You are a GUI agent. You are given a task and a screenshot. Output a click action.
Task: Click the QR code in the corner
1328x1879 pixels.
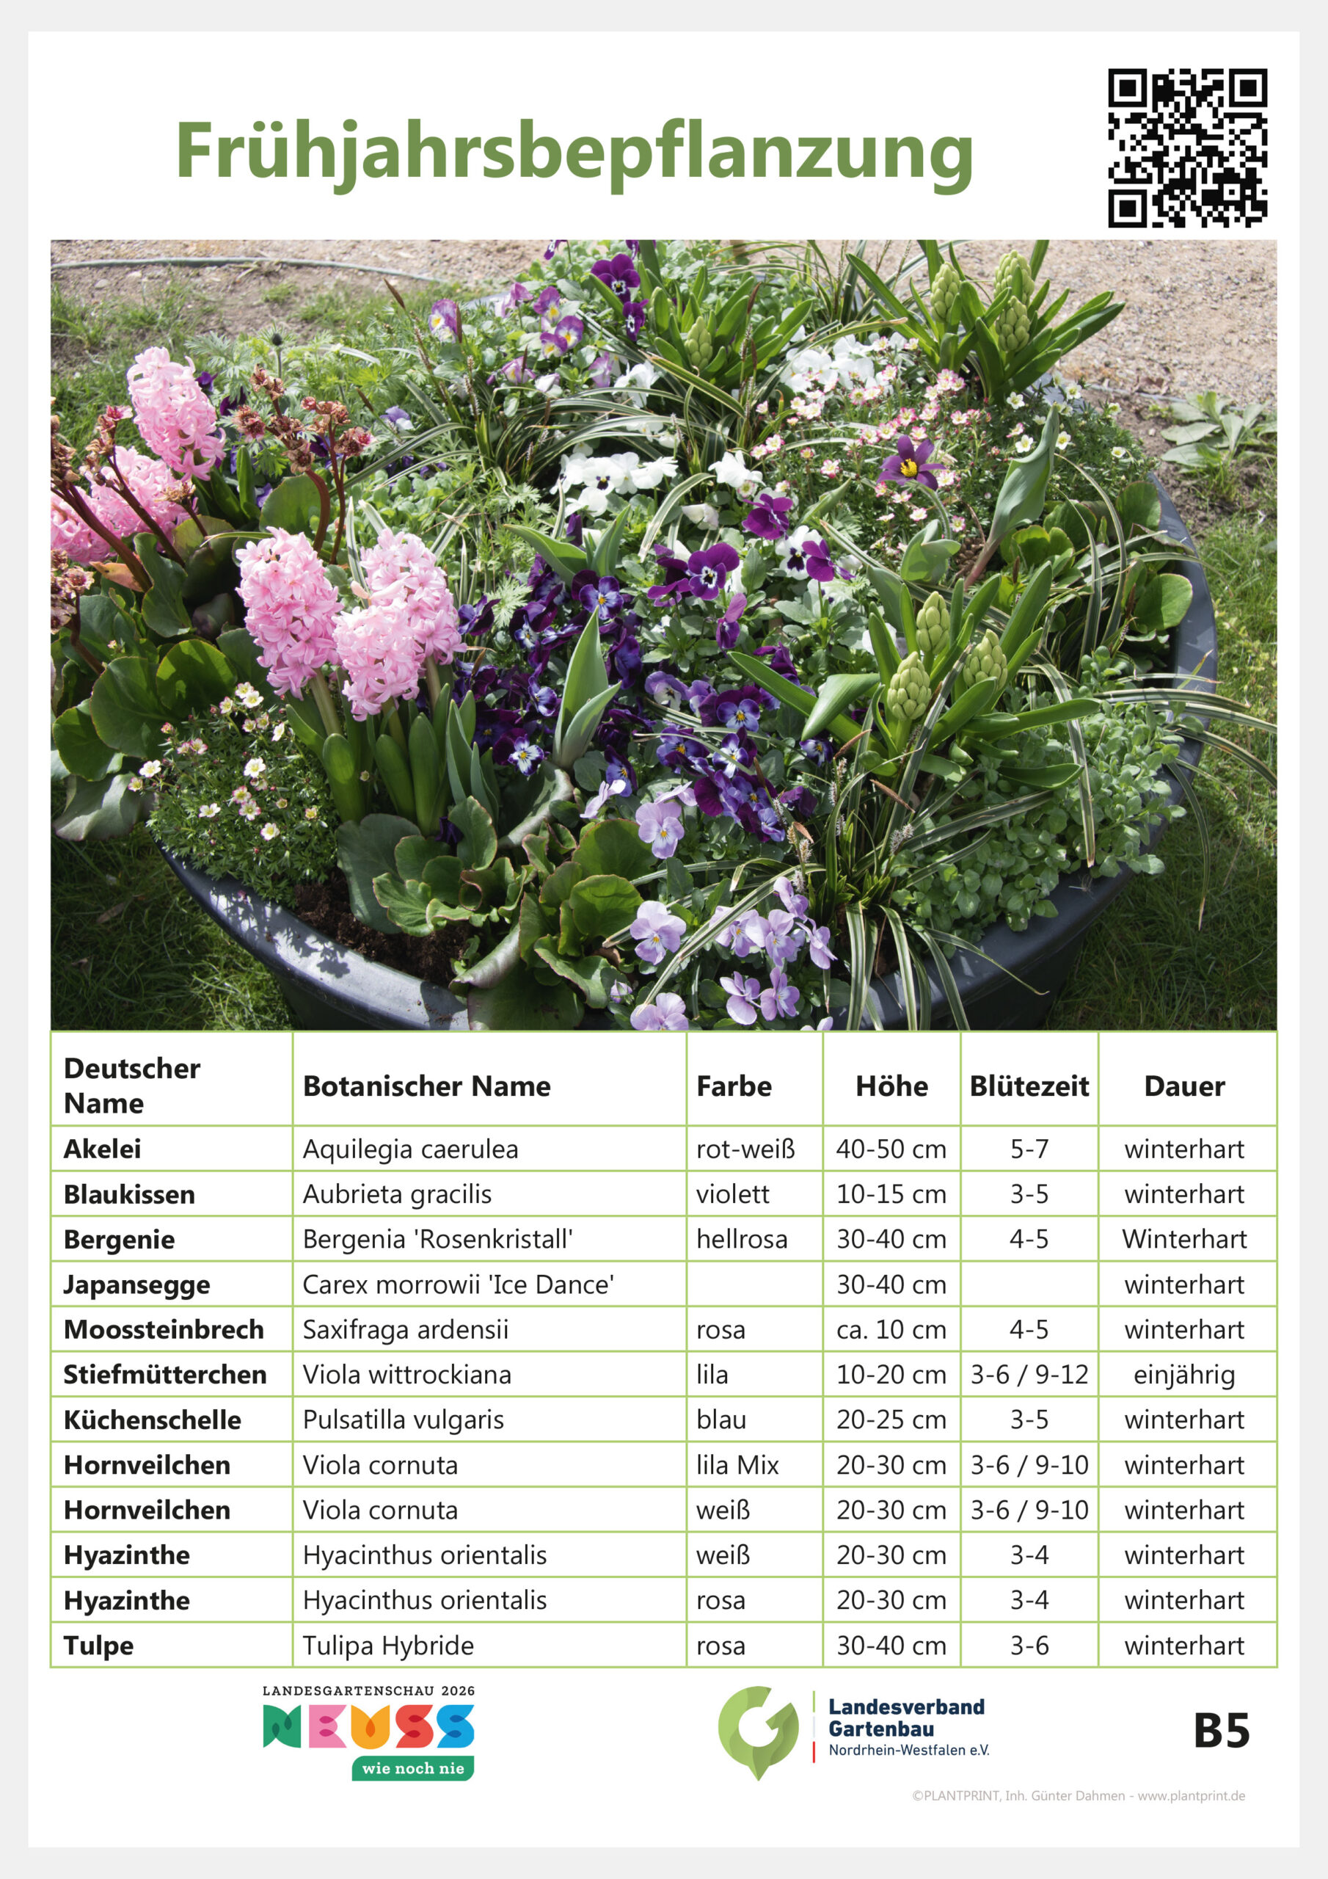(1187, 148)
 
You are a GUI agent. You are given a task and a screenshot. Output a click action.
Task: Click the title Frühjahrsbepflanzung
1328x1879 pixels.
(574, 151)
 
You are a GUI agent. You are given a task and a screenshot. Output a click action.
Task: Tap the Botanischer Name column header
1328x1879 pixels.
(426, 1086)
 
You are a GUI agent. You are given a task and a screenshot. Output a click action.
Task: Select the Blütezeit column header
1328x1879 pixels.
(1029, 1086)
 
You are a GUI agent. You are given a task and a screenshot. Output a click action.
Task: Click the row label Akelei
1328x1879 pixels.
(102, 1149)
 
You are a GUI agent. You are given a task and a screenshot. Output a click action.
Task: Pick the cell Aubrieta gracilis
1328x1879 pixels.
(397, 1194)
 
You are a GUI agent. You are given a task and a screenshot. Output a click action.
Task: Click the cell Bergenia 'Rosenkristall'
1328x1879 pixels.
(438, 1239)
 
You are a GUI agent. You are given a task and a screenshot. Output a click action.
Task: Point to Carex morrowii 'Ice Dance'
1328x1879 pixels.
(459, 1284)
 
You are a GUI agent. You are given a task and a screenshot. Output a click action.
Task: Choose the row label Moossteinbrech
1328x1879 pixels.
(164, 1329)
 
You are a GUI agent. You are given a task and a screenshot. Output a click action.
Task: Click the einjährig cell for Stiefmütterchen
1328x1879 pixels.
(1184, 1374)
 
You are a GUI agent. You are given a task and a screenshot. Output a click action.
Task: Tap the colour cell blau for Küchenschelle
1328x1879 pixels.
(721, 1419)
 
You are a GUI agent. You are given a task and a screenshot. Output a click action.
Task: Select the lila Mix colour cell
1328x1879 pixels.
(737, 1465)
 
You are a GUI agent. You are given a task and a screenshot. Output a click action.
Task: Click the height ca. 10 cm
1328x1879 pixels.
(891, 1329)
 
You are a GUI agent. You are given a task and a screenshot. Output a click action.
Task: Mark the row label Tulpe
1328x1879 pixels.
(98, 1645)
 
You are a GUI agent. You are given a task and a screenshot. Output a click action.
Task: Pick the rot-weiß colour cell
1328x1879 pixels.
(745, 1149)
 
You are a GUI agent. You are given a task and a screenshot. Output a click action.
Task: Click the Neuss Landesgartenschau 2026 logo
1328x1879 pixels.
(368, 1730)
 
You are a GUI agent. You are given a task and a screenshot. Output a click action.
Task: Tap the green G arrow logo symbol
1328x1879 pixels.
(758, 1730)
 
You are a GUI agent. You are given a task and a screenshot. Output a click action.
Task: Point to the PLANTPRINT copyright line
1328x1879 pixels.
(1079, 1795)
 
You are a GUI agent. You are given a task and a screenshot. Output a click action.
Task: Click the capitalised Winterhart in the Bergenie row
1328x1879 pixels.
(1184, 1239)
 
